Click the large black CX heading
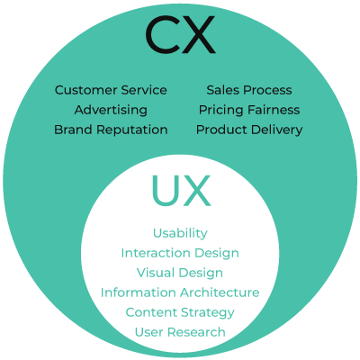pyautogui.click(x=181, y=35)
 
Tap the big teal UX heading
pyautogui.click(x=181, y=191)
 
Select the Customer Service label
pyautogui.click(x=111, y=90)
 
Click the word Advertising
pyautogui.click(x=111, y=110)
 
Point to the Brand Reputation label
pyautogui.click(x=111, y=130)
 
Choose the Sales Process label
pyautogui.click(x=249, y=90)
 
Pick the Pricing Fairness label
pyautogui.click(x=249, y=110)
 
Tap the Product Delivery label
pyautogui.click(x=249, y=130)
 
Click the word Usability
pyautogui.click(x=180, y=233)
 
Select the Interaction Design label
pyautogui.click(x=180, y=253)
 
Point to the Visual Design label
pyautogui.click(x=180, y=273)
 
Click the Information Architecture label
pyautogui.click(x=180, y=292)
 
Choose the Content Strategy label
pyautogui.click(x=180, y=312)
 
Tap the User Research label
pyautogui.click(x=180, y=332)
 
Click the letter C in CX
pyautogui.click(x=162, y=35)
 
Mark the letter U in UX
pyautogui.click(x=166, y=191)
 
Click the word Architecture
pyautogui.click(x=220, y=292)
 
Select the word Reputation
pyautogui.click(x=132, y=130)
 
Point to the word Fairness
pyautogui.click(x=274, y=110)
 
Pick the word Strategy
pyautogui.click(x=208, y=313)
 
